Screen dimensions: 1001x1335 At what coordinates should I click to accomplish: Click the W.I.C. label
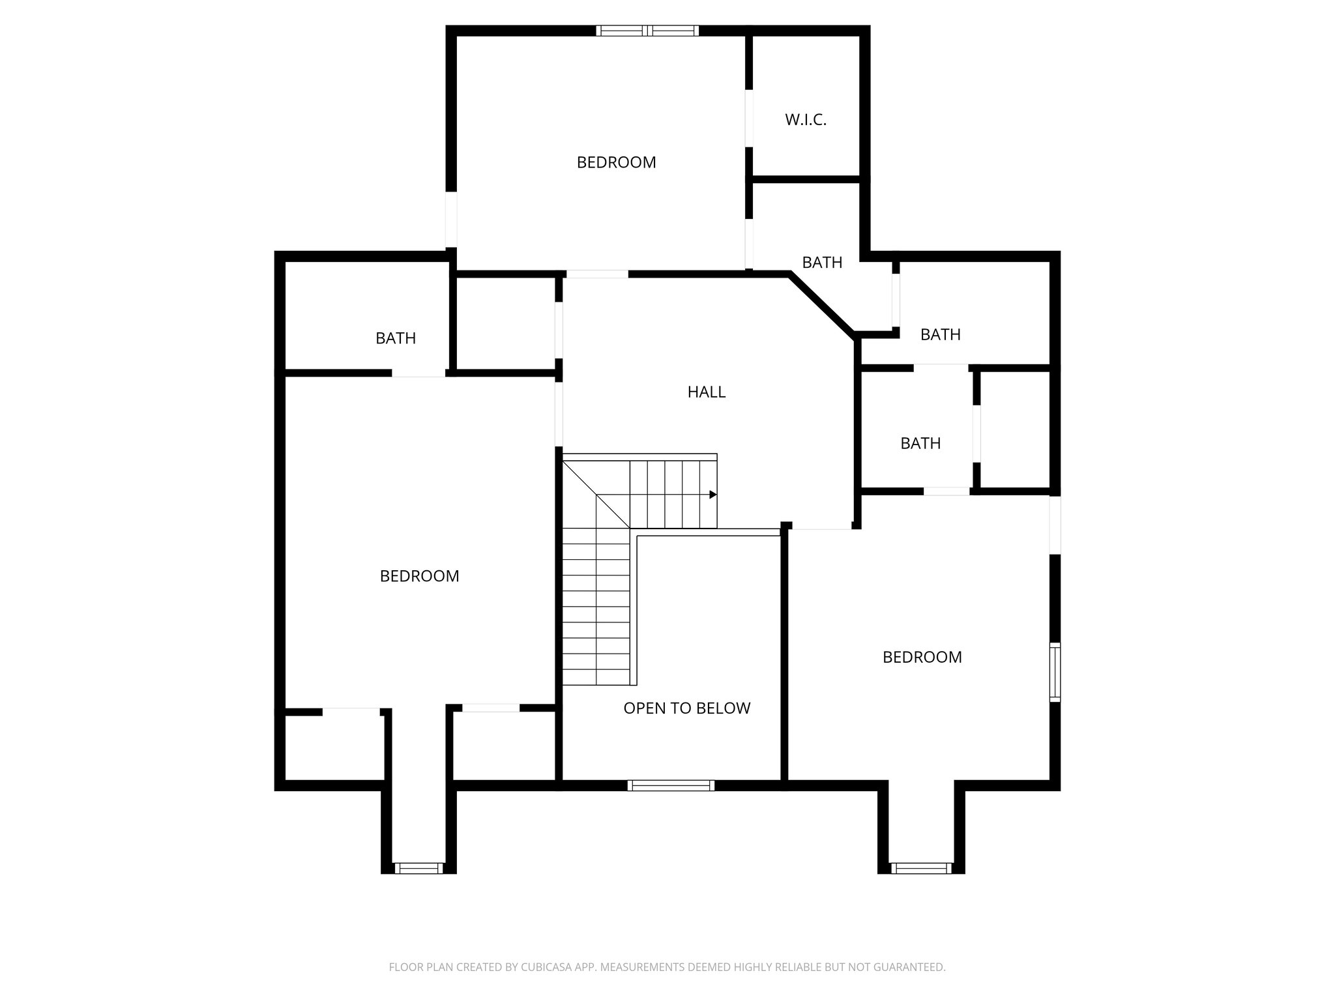(806, 120)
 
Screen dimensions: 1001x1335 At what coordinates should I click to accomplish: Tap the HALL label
(707, 392)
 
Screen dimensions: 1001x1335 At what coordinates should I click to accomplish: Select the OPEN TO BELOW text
(687, 708)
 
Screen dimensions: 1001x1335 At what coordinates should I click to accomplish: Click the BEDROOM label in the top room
(616, 162)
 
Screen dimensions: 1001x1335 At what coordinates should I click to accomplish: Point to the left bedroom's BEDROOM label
(419, 576)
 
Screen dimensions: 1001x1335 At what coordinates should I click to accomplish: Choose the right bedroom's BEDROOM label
(922, 657)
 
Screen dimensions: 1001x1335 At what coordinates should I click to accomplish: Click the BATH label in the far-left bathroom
(396, 338)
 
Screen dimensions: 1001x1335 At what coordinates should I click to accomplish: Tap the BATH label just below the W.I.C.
(822, 263)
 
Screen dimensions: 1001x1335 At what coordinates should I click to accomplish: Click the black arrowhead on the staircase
(713, 495)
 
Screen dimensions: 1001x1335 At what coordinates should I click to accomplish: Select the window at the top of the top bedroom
(647, 30)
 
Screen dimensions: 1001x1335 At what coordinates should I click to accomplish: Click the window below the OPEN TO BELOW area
(671, 785)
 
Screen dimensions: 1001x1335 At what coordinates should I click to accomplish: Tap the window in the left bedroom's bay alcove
(418, 868)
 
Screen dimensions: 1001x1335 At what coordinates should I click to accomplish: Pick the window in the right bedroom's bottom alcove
(921, 868)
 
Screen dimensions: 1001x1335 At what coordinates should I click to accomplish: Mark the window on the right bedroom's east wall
(1055, 672)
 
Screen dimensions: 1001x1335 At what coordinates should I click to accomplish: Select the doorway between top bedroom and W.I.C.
(749, 118)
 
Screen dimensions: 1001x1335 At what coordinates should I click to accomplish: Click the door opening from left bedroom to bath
(418, 373)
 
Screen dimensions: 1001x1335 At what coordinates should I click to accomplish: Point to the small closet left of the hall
(505, 324)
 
